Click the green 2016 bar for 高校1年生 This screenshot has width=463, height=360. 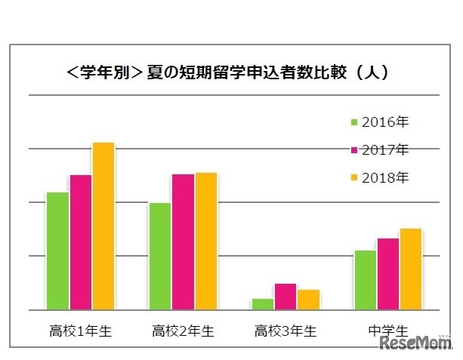click(x=57, y=251)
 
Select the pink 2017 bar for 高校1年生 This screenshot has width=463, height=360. click(x=81, y=242)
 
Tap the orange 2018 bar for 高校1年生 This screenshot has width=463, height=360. click(x=103, y=226)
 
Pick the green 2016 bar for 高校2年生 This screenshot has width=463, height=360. click(x=160, y=256)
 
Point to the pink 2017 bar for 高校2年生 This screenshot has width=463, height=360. click(x=183, y=242)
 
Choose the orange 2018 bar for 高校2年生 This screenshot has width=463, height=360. click(x=206, y=241)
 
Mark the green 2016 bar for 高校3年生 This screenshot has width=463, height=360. click(x=262, y=304)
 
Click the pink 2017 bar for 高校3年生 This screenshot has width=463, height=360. click(x=286, y=297)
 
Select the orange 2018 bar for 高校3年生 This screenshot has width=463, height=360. click(x=308, y=300)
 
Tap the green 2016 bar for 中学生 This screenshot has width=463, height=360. click(x=365, y=279)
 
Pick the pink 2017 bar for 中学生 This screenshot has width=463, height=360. click(x=388, y=274)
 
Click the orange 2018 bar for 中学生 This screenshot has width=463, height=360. click(x=411, y=269)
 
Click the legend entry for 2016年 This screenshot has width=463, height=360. click(x=379, y=122)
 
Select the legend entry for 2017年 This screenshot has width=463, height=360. click(x=379, y=149)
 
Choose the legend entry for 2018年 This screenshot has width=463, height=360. click(x=379, y=178)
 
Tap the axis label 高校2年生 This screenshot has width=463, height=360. click(x=183, y=331)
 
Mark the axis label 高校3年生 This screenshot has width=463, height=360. click(x=286, y=331)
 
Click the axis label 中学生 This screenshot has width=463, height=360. click(x=388, y=331)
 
